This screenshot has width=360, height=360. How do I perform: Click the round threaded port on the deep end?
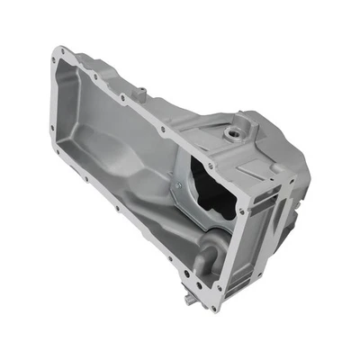pyautogui.click(x=235, y=135)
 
